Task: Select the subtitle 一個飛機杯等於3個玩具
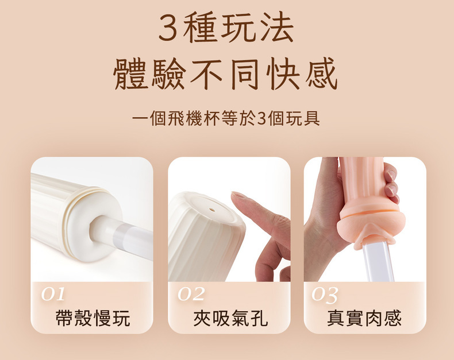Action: (226, 118)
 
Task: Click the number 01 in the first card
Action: (53, 295)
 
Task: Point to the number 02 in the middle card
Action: (191, 295)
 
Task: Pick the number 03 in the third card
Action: (325, 295)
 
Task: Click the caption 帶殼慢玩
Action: (93, 318)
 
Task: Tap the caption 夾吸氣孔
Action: (230, 318)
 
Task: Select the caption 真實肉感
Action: (364, 318)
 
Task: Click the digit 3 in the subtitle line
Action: (261, 119)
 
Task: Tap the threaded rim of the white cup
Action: (87, 197)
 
